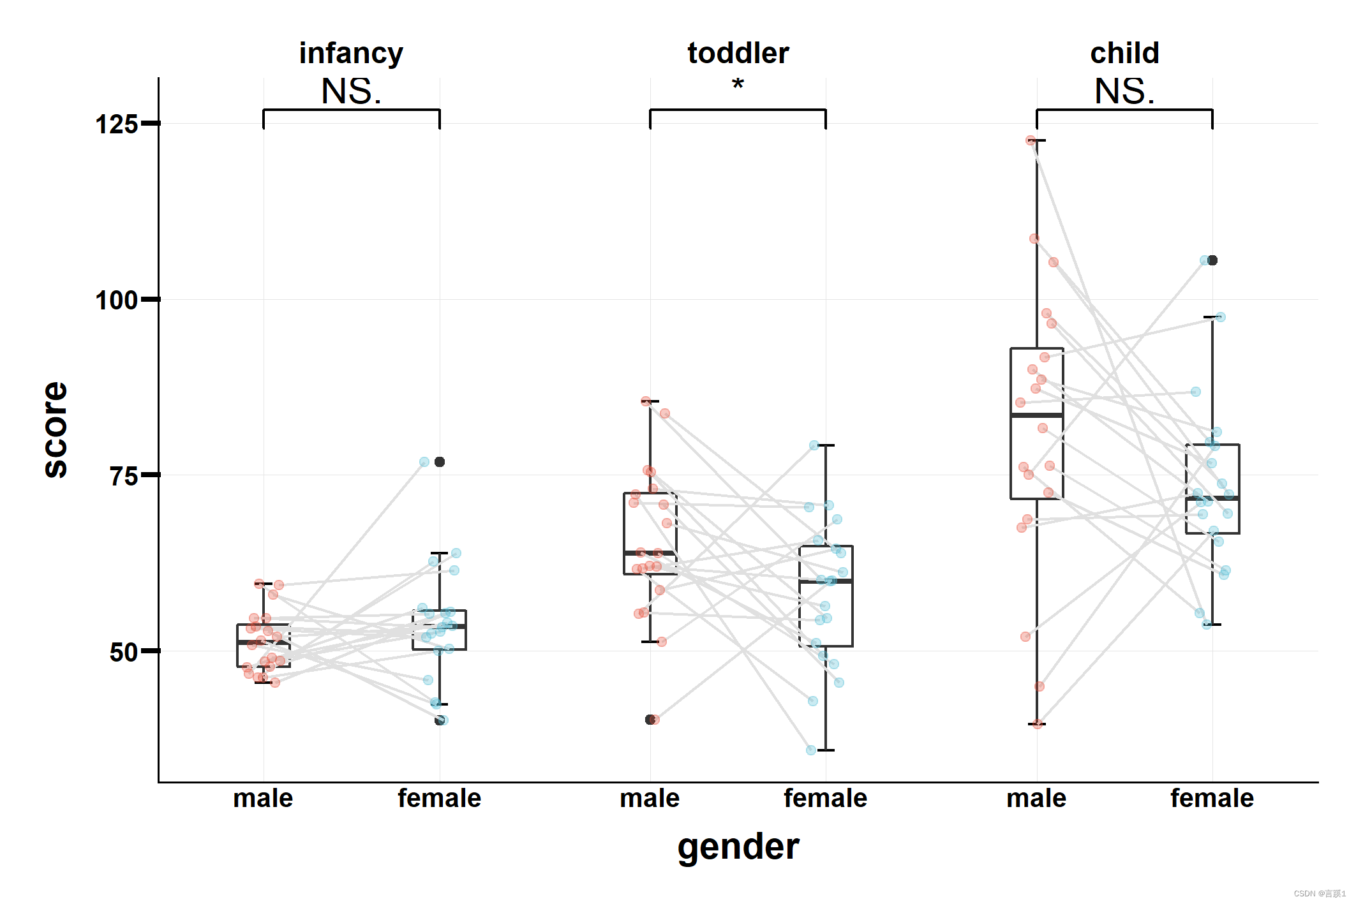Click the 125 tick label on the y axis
click(x=116, y=124)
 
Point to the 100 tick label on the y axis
click(x=116, y=300)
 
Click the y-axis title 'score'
click(x=56, y=429)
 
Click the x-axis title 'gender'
click(x=738, y=847)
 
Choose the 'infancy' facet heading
click(x=351, y=53)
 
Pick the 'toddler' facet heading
click(x=738, y=53)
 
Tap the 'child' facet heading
click(x=1124, y=53)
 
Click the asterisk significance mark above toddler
click(x=738, y=84)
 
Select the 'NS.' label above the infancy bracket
click(x=351, y=91)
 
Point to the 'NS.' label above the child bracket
click(x=1124, y=91)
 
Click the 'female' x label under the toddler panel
click(x=825, y=798)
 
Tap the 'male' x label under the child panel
click(x=1036, y=798)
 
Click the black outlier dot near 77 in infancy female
click(x=440, y=462)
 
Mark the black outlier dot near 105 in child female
click(x=1212, y=260)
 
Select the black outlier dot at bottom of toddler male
click(x=650, y=720)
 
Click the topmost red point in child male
click(x=1031, y=140)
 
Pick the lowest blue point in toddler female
click(x=811, y=750)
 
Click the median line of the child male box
click(x=1036, y=415)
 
